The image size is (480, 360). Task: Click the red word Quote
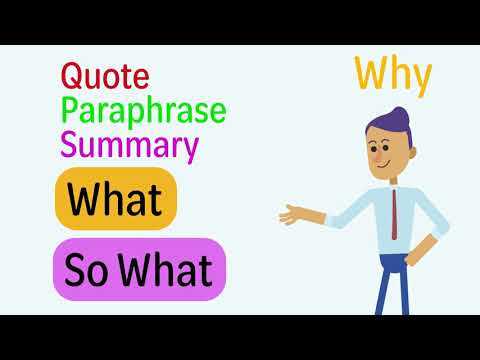coord(105,76)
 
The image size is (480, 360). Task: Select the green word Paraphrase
coord(143,111)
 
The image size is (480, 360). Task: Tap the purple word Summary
coord(129,146)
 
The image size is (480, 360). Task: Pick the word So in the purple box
coord(88,269)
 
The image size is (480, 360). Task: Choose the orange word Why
coord(392,75)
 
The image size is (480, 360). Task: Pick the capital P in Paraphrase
coord(71,111)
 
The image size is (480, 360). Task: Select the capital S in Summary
coord(70,146)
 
